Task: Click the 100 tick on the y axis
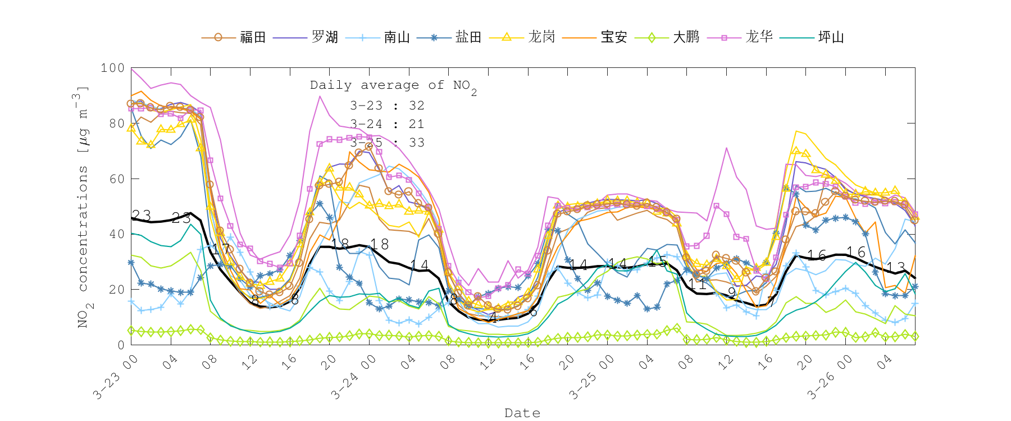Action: tap(112, 68)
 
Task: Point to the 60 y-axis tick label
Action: tap(116, 179)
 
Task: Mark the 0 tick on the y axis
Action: tap(120, 345)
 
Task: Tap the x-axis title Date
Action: tap(522, 413)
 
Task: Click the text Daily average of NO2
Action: tap(393, 86)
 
